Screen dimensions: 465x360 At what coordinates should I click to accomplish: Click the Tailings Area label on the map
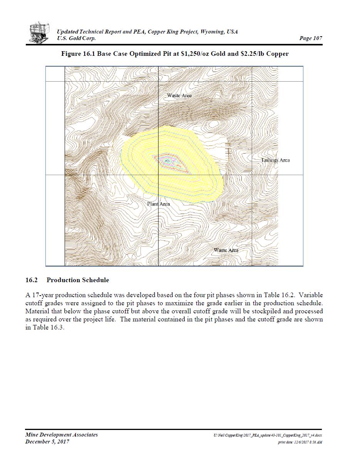(275, 160)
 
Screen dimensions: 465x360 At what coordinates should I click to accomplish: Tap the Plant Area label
(158, 204)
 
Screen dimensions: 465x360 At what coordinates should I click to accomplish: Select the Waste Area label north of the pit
(179, 95)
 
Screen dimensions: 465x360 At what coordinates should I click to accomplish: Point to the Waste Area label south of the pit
(226, 250)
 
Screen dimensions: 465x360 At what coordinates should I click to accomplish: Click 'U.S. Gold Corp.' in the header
(76, 38)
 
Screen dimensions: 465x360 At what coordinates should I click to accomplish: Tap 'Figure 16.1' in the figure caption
(78, 54)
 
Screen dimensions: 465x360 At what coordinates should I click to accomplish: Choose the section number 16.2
(32, 280)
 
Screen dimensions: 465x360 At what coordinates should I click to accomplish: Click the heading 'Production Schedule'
(78, 280)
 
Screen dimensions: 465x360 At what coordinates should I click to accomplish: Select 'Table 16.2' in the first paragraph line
(279, 296)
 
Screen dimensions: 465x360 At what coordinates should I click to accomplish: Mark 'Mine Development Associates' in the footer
(62, 435)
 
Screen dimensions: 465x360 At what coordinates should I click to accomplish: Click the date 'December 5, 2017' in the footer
(47, 442)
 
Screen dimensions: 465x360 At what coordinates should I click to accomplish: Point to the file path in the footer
(268, 435)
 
